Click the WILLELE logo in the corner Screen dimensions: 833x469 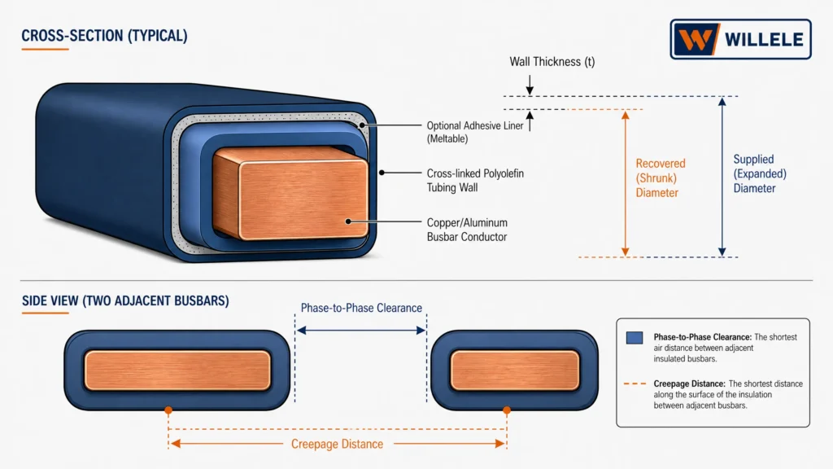[740, 39]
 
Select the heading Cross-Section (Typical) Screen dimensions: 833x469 [104, 36]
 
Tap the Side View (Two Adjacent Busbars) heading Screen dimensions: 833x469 [125, 300]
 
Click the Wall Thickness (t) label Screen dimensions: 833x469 [552, 62]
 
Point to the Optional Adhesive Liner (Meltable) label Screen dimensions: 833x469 [475, 132]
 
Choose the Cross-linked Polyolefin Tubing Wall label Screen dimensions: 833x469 [475, 180]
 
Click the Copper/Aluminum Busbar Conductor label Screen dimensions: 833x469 [467, 230]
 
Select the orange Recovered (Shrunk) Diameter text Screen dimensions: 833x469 [661, 178]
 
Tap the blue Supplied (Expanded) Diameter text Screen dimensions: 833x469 [760, 173]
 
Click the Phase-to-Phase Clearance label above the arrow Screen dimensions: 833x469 [361, 308]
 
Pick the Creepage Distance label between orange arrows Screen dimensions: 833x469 [337, 444]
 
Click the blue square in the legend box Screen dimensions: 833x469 [635, 338]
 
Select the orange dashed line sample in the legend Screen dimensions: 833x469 [635, 384]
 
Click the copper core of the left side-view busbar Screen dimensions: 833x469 [177, 370]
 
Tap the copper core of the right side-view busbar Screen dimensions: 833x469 [515, 370]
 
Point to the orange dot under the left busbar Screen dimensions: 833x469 [168, 410]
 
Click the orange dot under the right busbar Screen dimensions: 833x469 [507, 410]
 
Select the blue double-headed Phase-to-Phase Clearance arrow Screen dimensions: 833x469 [361, 331]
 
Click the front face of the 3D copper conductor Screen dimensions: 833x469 [303, 200]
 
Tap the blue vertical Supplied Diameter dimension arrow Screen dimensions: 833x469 [722, 177]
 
